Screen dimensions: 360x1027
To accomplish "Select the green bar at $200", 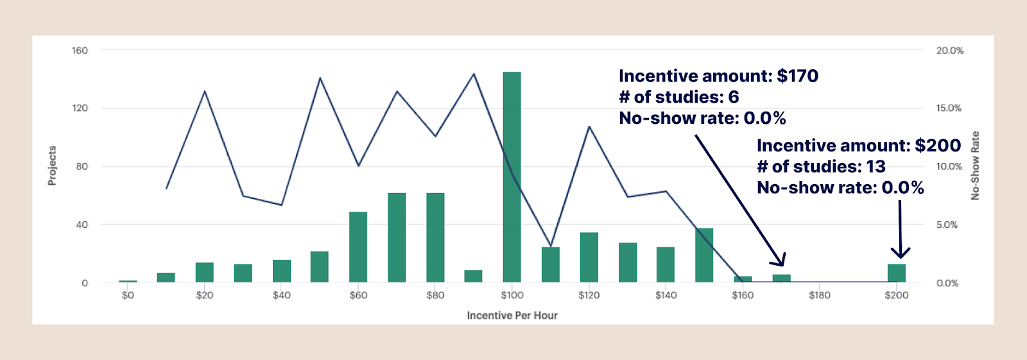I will (896, 273).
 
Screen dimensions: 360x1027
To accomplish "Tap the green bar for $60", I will (358, 247).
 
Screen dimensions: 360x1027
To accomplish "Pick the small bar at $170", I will (781, 279).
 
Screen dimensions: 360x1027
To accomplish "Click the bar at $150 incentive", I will (704, 255).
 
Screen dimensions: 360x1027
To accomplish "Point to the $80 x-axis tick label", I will (435, 295).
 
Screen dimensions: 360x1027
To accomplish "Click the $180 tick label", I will (819, 295).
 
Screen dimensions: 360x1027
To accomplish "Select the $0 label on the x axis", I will (128, 295).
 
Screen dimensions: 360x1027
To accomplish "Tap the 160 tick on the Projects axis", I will (80, 50).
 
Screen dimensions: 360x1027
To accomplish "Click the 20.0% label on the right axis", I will (949, 50).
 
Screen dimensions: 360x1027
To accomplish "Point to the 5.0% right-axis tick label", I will (947, 225).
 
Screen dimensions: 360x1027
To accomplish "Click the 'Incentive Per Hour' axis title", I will (512, 315).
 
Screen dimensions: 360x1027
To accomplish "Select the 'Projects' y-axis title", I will (52, 166).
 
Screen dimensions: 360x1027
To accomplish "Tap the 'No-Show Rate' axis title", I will (975, 166).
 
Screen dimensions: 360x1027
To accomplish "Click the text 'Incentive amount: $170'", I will (718, 76).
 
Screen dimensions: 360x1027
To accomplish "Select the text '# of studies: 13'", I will (821, 166).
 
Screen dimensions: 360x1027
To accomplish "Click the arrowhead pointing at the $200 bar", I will (901, 253).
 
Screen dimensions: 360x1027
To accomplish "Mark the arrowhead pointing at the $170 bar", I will (780, 261).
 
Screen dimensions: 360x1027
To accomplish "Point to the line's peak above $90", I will (474, 74).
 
